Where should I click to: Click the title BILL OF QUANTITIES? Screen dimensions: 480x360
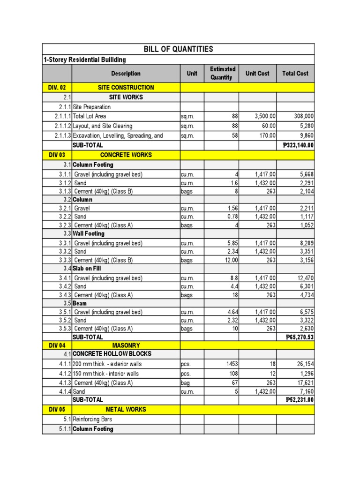click(x=178, y=49)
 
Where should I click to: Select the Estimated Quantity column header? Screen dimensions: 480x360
click(x=223, y=73)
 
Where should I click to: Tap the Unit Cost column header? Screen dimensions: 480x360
click(x=257, y=73)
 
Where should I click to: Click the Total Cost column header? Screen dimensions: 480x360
click(x=295, y=73)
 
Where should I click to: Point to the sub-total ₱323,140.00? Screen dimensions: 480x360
click(x=299, y=145)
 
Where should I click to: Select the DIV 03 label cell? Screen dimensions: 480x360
click(x=57, y=155)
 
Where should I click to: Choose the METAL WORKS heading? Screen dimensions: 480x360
click(x=126, y=409)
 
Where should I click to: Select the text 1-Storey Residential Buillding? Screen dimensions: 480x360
click(x=85, y=60)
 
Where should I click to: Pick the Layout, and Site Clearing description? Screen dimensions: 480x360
click(x=103, y=126)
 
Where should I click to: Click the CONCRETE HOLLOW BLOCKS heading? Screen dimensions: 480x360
click(x=112, y=354)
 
